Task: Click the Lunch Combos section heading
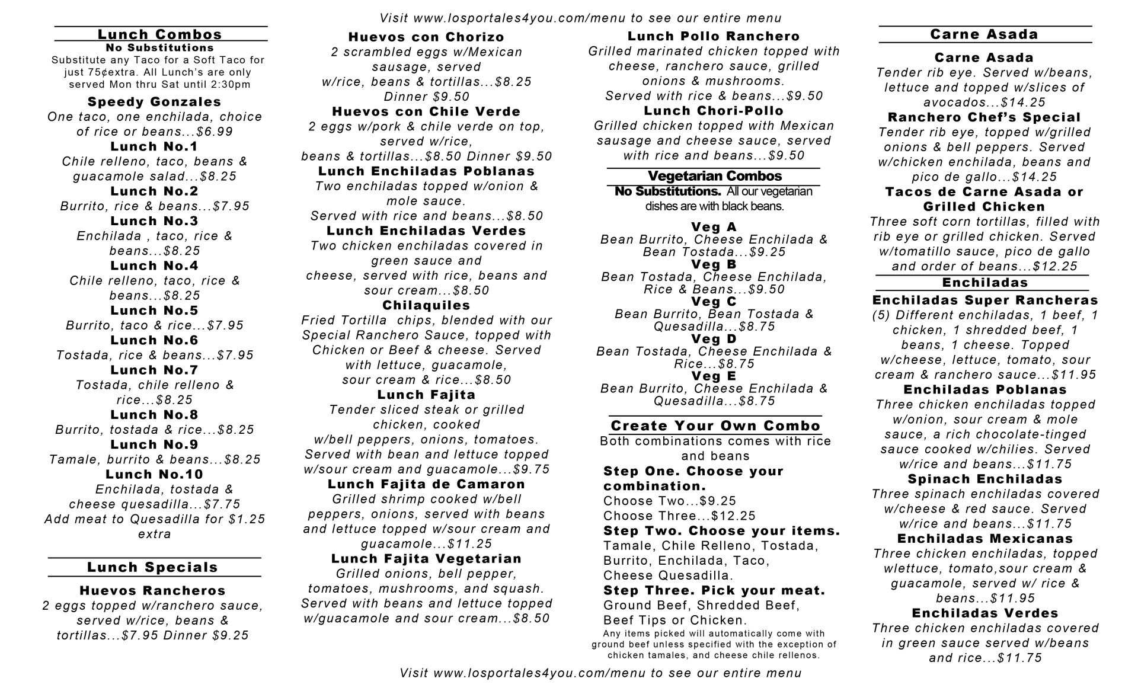(x=160, y=34)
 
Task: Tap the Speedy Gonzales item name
(x=154, y=102)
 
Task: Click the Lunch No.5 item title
(x=154, y=311)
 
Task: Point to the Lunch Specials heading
(x=153, y=567)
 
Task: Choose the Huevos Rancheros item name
(x=153, y=591)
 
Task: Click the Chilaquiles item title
(x=426, y=305)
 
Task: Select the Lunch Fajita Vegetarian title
(x=426, y=559)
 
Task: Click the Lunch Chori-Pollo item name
(x=714, y=111)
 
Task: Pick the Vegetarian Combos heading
(x=714, y=176)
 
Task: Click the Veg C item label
(x=714, y=302)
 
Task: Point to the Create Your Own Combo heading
(x=715, y=426)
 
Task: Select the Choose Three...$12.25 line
(x=679, y=516)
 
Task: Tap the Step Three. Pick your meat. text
(x=714, y=590)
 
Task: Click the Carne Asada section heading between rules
(x=984, y=34)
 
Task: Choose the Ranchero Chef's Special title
(x=984, y=117)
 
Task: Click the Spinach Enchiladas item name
(x=984, y=479)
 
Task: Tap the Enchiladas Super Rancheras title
(x=985, y=300)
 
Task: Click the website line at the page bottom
(x=600, y=673)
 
